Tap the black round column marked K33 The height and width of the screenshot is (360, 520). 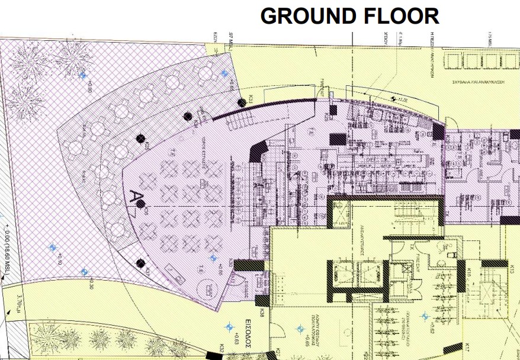point(241,102)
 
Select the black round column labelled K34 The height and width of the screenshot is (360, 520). point(188,116)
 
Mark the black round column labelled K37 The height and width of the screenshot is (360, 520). point(140,263)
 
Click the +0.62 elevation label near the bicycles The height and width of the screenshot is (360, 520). point(435,326)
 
